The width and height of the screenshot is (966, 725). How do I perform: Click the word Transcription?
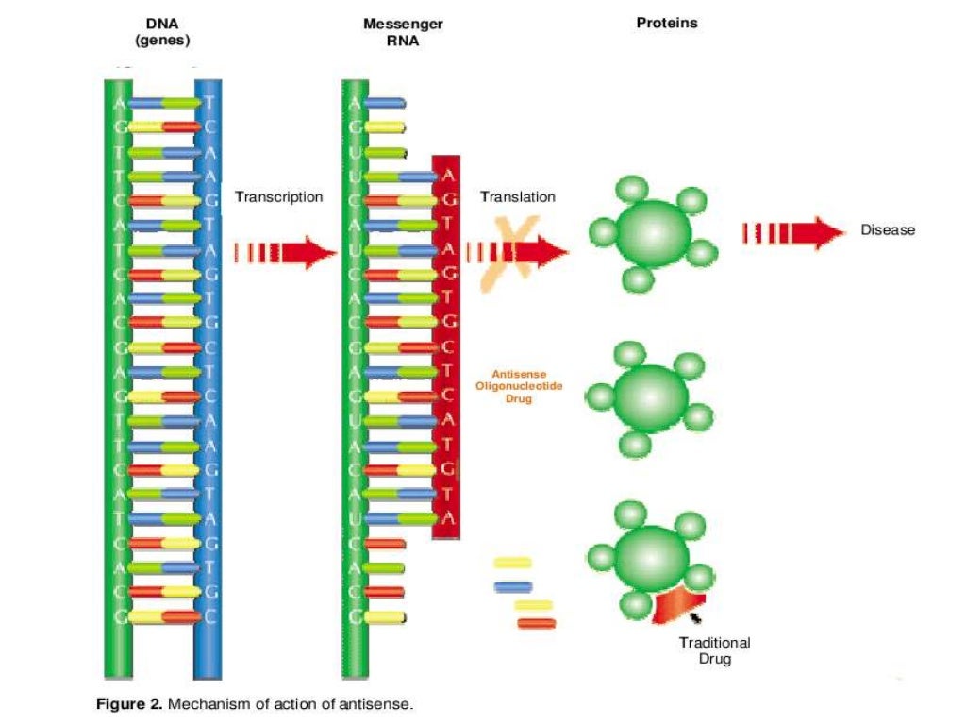(278, 197)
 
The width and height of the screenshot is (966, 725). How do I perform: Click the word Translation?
(518, 197)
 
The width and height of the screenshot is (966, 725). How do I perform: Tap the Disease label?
(887, 229)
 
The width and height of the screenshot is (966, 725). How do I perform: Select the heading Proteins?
(667, 23)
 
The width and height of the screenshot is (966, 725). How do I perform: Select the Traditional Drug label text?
(714, 650)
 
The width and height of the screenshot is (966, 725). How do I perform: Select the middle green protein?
(649, 394)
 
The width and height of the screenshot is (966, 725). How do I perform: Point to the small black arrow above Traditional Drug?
(696, 618)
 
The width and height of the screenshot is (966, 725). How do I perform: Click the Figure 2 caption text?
(255, 703)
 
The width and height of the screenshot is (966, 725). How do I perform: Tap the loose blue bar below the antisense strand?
(512, 587)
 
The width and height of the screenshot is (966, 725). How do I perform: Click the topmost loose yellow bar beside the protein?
(512, 563)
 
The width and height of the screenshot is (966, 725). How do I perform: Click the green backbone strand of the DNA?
(117, 378)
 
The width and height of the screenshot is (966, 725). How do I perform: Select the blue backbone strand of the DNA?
(208, 378)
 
